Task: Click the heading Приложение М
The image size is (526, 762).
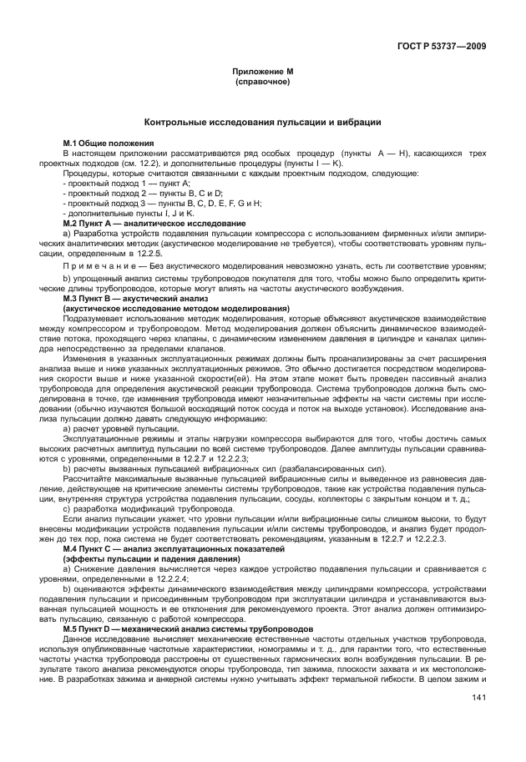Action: click(x=262, y=73)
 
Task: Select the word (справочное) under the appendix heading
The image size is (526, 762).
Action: click(x=262, y=83)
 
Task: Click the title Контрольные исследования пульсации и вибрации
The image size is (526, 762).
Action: click(x=262, y=122)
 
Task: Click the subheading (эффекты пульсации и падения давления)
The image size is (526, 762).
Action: click(x=158, y=558)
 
